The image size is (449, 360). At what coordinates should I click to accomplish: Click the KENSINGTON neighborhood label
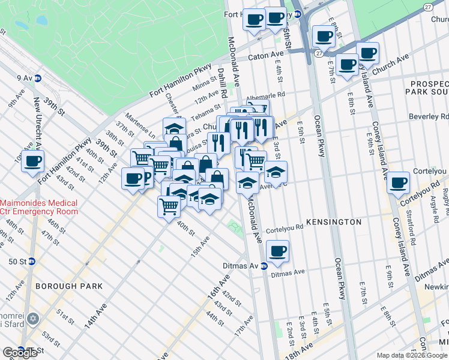(x=334, y=222)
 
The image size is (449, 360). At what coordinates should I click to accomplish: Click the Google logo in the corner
(x=20, y=353)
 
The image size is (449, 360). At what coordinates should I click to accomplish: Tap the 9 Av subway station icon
(x=37, y=78)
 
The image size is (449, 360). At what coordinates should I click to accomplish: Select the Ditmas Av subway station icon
(x=264, y=266)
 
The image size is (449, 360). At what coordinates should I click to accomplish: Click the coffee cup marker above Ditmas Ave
(x=277, y=251)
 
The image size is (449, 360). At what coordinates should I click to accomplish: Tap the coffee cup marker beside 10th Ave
(x=33, y=161)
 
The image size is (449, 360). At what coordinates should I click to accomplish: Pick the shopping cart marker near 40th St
(x=169, y=206)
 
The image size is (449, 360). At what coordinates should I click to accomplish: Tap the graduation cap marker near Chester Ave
(x=173, y=130)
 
